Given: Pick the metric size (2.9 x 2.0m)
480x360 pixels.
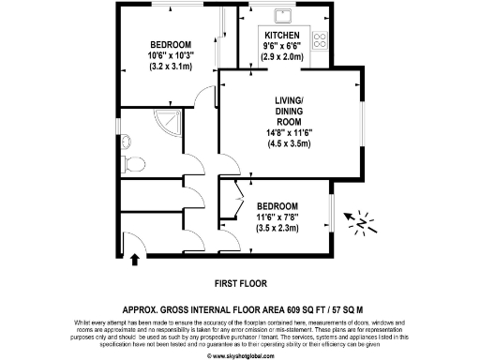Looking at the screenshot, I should [281, 57].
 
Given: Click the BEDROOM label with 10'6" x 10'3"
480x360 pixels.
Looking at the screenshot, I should [171, 46].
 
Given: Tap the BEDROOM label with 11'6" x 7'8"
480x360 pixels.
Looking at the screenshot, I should [278, 206].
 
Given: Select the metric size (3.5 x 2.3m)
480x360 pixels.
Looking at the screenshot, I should [278, 228].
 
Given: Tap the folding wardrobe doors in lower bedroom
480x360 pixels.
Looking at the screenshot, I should [236, 200].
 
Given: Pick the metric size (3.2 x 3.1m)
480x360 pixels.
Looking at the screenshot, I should [171, 67].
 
